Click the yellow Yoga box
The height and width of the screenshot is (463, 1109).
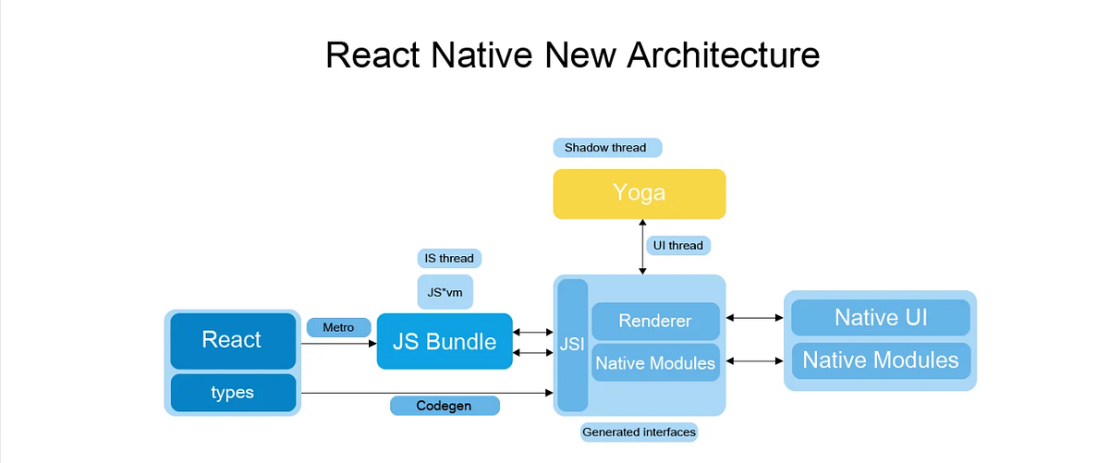tap(639, 193)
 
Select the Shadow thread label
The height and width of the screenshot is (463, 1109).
tap(606, 147)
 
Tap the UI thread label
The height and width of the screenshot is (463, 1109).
tap(677, 245)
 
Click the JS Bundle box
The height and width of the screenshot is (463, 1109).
tap(445, 341)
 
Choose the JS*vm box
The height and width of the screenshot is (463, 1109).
tap(445, 292)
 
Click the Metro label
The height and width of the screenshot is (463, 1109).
tap(338, 327)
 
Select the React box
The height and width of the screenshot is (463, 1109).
tap(232, 340)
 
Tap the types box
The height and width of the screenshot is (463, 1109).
tap(232, 392)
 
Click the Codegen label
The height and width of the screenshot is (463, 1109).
tap(445, 405)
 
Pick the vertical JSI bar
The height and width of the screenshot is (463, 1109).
tap(572, 344)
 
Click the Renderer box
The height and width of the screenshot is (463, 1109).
tap(655, 322)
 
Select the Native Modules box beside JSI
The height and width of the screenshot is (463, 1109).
tap(655, 362)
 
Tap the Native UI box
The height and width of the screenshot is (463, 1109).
tap(880, 318)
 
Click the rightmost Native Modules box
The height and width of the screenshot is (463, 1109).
tap(880, 359)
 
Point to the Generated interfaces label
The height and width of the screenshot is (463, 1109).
tap(639, 432)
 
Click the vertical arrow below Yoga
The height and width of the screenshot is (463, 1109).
tap(640, 247)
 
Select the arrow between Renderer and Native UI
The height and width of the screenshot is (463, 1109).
tap(754, 318)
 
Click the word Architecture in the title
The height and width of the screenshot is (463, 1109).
tap(723, 55)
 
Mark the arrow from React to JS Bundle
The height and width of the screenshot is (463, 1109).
tap(338, 343)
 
